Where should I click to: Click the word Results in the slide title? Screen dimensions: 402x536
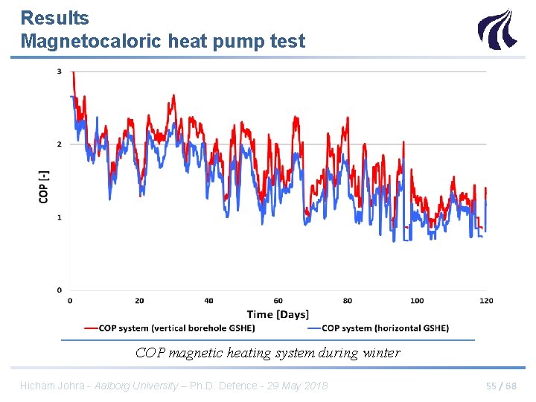(54, 18)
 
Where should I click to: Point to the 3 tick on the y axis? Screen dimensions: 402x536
(60, 71)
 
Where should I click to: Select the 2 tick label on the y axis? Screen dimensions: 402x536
(60, 144)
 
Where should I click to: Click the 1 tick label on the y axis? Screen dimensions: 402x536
(60, 217)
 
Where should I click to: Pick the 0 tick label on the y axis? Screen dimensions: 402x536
(60, 290)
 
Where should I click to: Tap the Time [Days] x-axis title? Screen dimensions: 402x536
(278, 314)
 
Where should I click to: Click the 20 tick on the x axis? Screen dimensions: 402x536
(139, 301)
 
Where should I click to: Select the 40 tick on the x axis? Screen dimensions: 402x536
(208, 301)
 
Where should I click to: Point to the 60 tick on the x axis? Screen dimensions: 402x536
(278, 301)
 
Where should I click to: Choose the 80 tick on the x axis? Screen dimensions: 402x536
(348, 301)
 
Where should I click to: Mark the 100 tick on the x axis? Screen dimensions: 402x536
(417, 301)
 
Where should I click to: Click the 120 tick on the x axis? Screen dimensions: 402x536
(486, 301)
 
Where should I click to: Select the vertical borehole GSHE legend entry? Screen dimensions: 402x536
(176, 328)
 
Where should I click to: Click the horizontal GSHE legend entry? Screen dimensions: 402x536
(385, 328)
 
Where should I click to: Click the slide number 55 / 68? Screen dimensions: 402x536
(501, 386)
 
